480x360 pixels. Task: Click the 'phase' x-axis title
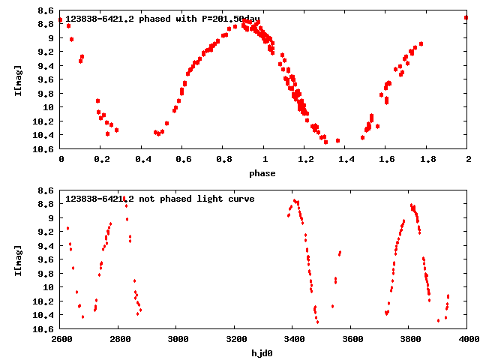(x=262, y=173)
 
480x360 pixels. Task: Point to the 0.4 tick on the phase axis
(x=142, y=159)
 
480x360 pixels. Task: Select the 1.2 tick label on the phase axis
(x=304, y=159)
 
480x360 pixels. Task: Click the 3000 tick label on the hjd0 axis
(x=176, y=339)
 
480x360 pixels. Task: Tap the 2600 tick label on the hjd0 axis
(x=60, y=339)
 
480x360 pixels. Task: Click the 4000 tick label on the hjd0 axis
(x=467, y=339)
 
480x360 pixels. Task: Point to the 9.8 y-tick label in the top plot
(x=44, y=93)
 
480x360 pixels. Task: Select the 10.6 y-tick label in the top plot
(x=42, y=148)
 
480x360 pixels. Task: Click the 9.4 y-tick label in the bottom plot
(x=44, y=245)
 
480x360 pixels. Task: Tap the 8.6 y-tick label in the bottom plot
(x=44, y=190)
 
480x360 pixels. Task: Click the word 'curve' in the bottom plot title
(x=240, y=199)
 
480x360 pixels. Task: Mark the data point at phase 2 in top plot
(x=466, y=17)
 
